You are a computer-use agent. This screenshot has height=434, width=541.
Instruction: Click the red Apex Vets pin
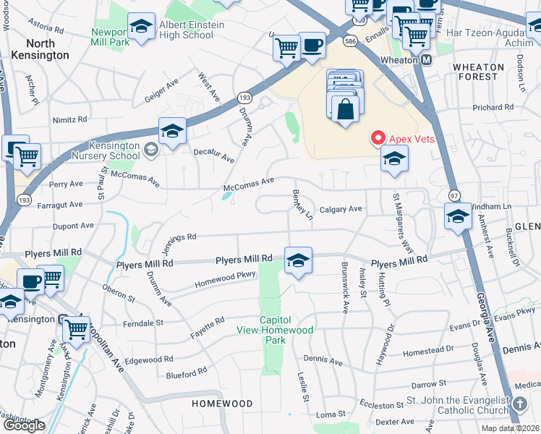(378, 138)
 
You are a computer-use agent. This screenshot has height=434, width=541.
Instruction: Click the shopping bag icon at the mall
(346, 109)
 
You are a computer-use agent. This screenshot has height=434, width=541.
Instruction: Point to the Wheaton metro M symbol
(426, 60)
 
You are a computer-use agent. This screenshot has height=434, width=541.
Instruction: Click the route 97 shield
(454, 196)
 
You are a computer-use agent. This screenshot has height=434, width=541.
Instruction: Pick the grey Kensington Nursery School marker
(151, 150)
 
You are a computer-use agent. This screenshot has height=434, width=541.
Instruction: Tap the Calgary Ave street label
(340, 209)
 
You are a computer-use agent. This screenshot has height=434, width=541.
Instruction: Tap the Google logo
(24, 425)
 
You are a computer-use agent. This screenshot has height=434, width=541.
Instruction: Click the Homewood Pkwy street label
(226, 280)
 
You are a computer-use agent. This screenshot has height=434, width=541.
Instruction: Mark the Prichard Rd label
(493, 108)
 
